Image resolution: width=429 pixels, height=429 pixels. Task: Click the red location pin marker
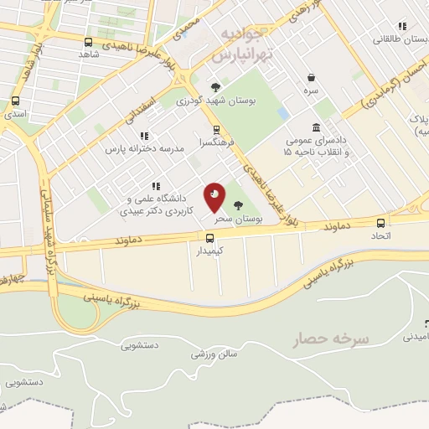click(x=214, y=198)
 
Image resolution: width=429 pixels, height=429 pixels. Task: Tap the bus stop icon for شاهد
click(x=89, y=41)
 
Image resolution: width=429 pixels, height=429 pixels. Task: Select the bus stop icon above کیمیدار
click(x=210, y=238)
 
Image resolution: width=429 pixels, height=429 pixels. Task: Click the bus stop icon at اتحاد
click(x=381, y=223)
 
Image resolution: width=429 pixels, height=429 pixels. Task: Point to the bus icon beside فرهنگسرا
click(x=217, y=129)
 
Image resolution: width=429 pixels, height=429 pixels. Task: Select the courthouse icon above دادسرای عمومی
click(x=316, y=127)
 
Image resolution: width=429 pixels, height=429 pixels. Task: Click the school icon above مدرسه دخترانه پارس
click(x=144, y=135)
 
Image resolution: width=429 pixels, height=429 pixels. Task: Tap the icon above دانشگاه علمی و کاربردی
click(x=154, y=186)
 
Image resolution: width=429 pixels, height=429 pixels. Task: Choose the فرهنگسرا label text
click(x=215, y=143)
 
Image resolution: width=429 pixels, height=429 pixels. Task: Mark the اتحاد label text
click(x=381, y=236)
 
